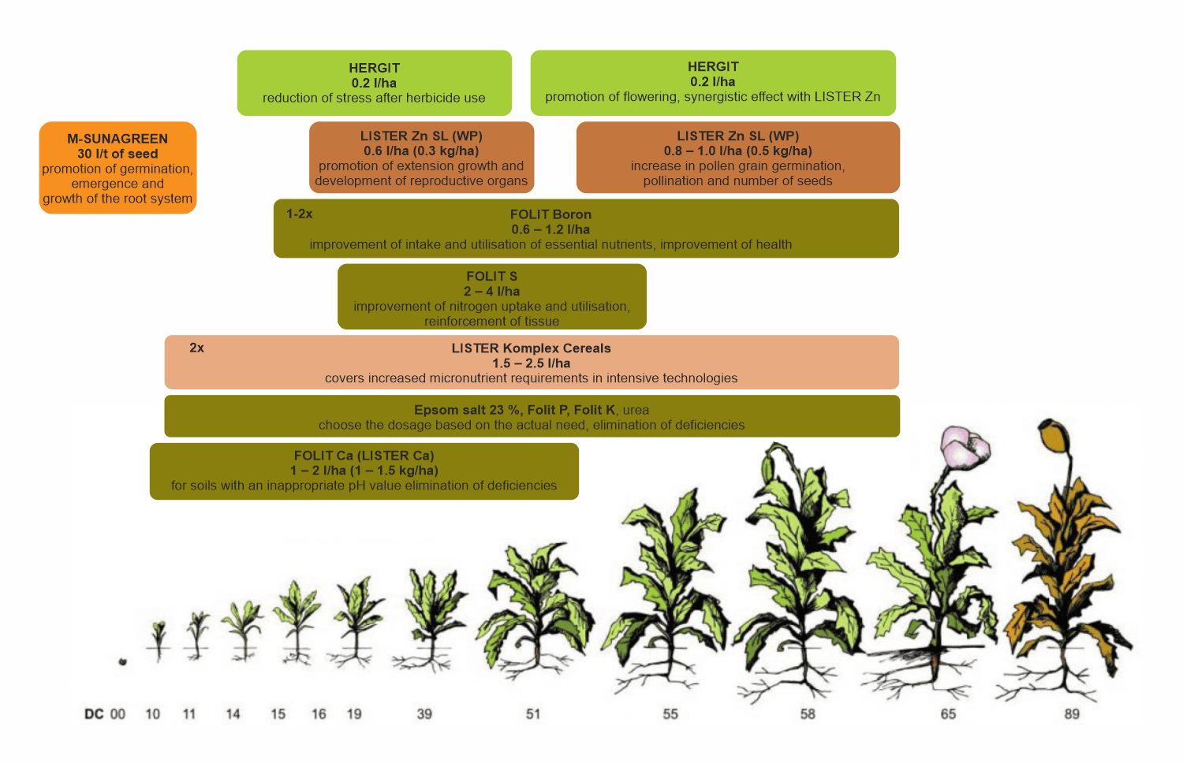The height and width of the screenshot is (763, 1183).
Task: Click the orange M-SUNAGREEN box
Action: click(x=118, y=168)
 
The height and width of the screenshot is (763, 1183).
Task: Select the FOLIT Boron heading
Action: click(x=550, y=214)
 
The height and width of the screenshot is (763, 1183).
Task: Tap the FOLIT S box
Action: click(x=491, y=296)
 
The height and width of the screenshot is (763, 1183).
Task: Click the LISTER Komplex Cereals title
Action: click(x=531, y=348)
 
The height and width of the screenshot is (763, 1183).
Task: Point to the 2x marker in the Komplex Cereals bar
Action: click(x=196, y=348)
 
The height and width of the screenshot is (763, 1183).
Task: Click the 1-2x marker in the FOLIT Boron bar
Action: click(x=300, y=214)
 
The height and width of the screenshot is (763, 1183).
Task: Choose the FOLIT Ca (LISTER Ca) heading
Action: click(x=364, y=456)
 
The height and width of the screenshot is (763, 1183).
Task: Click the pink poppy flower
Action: click(x=965, y=445)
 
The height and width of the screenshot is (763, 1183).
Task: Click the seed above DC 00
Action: click(x=122, y=661)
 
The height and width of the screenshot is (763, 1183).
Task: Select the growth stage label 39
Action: click(x=424, y=714)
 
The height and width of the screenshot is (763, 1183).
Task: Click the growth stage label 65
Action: click(x=948, y=714)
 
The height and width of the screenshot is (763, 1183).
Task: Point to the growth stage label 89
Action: click(x=1072, y=714)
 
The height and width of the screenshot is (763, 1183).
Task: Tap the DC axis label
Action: click(x=94, y=714)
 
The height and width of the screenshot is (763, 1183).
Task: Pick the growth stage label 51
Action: click(x=533, y=714)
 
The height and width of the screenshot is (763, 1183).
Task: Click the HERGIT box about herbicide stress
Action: click(x=375, y=83)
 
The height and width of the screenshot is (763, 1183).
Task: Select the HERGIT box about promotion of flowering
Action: click(x=713, y=83)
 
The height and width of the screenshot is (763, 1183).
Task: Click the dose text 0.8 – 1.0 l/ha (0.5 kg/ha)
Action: click(x=737, y=151)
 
